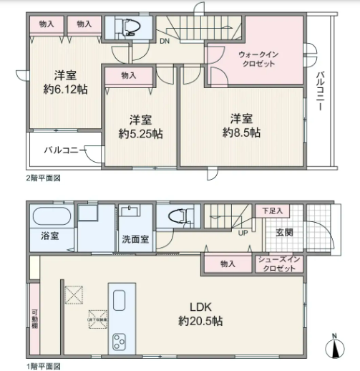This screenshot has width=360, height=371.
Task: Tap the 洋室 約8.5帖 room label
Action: click(241, 125)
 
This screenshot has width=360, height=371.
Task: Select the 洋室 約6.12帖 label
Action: click(66, 83)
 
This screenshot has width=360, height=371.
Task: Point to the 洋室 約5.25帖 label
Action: click(140, 126)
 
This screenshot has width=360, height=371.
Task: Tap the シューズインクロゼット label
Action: click(276, 264)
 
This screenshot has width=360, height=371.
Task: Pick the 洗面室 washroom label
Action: click(135, 238)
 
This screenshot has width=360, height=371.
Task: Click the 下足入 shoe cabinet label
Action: click(271, 211)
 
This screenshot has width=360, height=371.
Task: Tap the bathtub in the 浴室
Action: click(49, 216)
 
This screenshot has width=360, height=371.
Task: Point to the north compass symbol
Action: click(334, 349)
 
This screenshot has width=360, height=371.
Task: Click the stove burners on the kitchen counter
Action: click(117, 339)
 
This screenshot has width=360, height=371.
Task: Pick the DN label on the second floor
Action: click(163, 41)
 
